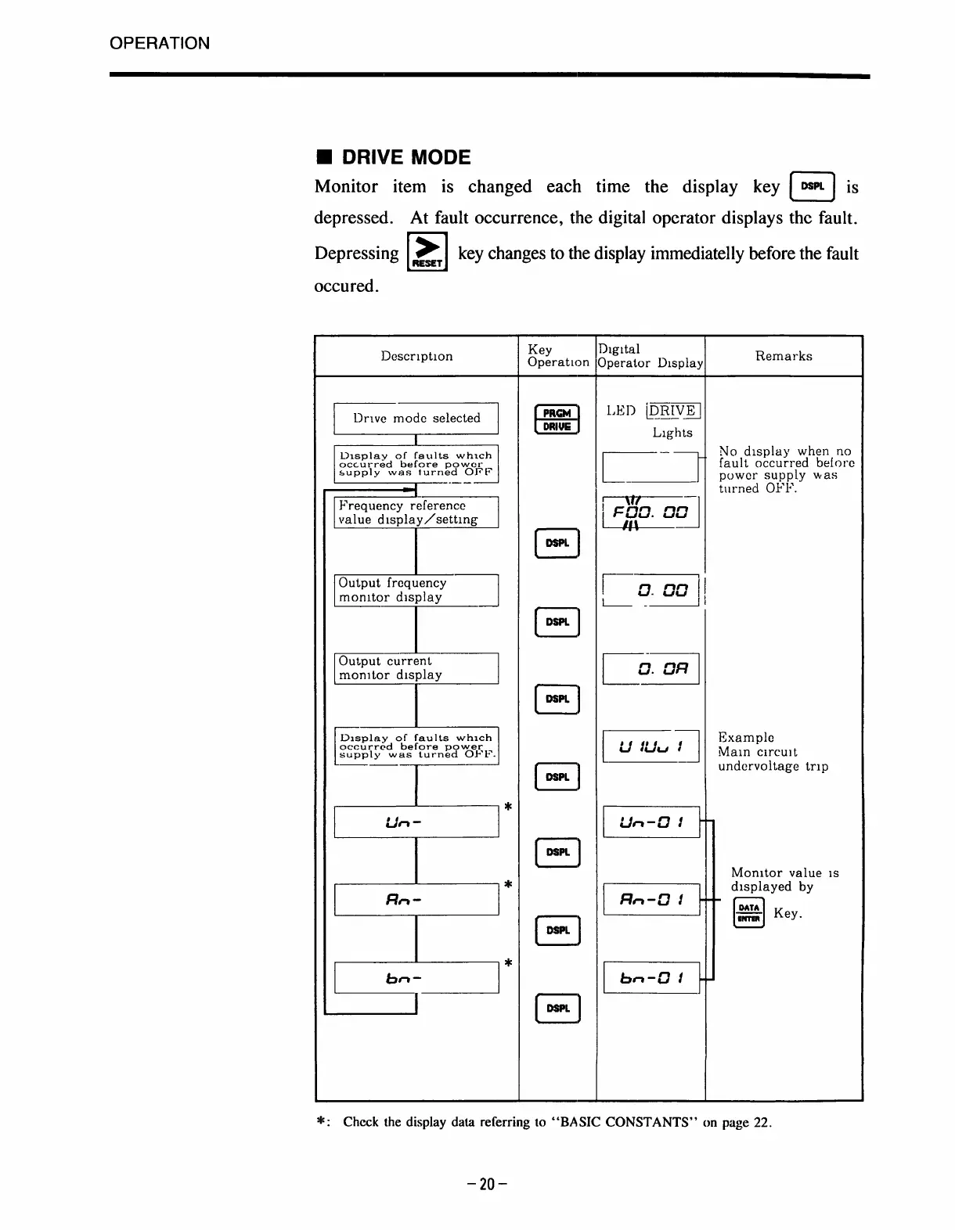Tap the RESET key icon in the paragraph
click(427, 252)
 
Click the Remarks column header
click(784, 356)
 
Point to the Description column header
click(416, 356)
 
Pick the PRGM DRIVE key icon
click(556, 419)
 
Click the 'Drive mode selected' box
click(416, 418)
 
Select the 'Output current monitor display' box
click(416, 668)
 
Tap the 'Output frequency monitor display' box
click(416, 590)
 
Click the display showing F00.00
click(650, 512)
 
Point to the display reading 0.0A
click(650, 668)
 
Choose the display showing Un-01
click(650, 822)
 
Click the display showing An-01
click(650, 899)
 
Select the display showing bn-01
click(650, 977)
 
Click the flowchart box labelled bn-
click(416, 977)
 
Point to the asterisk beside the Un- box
click(508, 807)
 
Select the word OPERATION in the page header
click(160, 44)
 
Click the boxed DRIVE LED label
click(672, 411)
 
